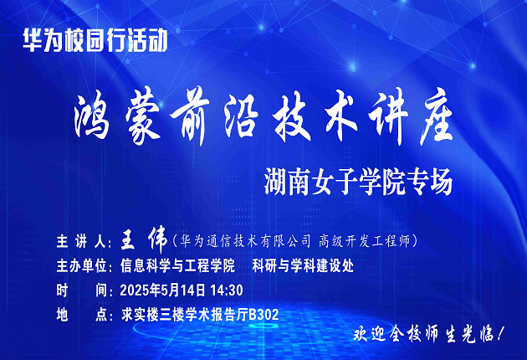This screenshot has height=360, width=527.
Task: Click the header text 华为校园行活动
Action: point(95,41)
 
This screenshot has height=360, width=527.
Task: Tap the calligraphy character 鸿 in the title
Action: point(92,117)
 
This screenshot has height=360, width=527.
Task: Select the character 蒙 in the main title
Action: point(142,118)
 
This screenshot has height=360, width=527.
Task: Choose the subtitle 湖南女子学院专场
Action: point(358,183)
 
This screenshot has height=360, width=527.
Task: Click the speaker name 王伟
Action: point(144,240)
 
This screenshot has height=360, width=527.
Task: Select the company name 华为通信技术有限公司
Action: point(245,241)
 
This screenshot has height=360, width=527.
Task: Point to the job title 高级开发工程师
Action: point(365,241)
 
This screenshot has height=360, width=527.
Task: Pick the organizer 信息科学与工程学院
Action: point(177,265)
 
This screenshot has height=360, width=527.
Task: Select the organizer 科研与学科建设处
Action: point(303,265)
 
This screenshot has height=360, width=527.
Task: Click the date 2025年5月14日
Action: point(162,290)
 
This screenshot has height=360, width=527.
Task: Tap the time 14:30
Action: point(227,291)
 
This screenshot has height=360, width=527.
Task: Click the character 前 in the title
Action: point(191,117)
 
